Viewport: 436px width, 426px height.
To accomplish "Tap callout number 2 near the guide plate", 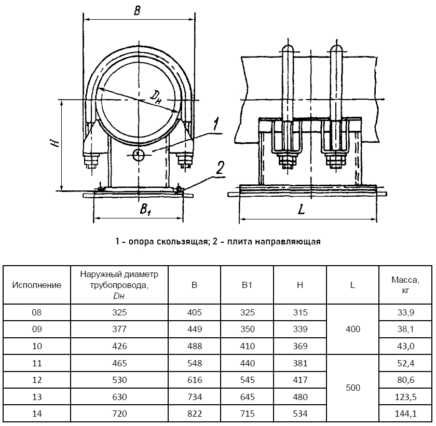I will coord(220,167).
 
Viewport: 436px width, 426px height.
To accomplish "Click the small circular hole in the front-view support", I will coord(139,155).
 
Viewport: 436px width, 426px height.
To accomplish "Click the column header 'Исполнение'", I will coord(37,285).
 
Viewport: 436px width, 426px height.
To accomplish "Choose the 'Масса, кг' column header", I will coord(405,285).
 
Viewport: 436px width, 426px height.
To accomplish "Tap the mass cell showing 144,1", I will coord(405,414).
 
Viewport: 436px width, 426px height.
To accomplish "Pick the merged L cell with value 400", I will coord(352,329).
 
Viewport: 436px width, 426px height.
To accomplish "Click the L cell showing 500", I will coord(352,388).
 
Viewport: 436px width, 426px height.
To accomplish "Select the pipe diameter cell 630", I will coord(119,397).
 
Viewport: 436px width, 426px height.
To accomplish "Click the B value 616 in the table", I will coord(194,380).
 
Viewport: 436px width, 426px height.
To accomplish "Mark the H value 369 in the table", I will coord(299,346).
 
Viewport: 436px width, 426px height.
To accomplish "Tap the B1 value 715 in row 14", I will coord(247,414).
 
